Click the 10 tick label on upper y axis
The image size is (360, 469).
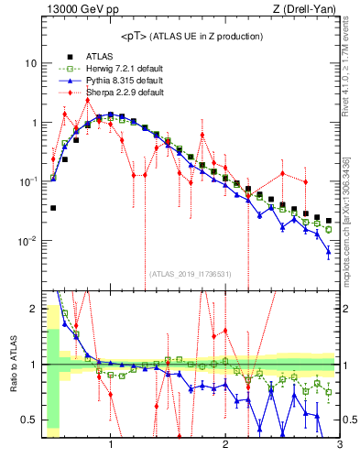tap(29, 63)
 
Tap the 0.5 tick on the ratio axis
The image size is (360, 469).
tap(29, 420)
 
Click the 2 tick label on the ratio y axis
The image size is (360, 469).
tap(33, 309)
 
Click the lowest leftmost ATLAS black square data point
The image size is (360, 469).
tap(53, 208)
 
